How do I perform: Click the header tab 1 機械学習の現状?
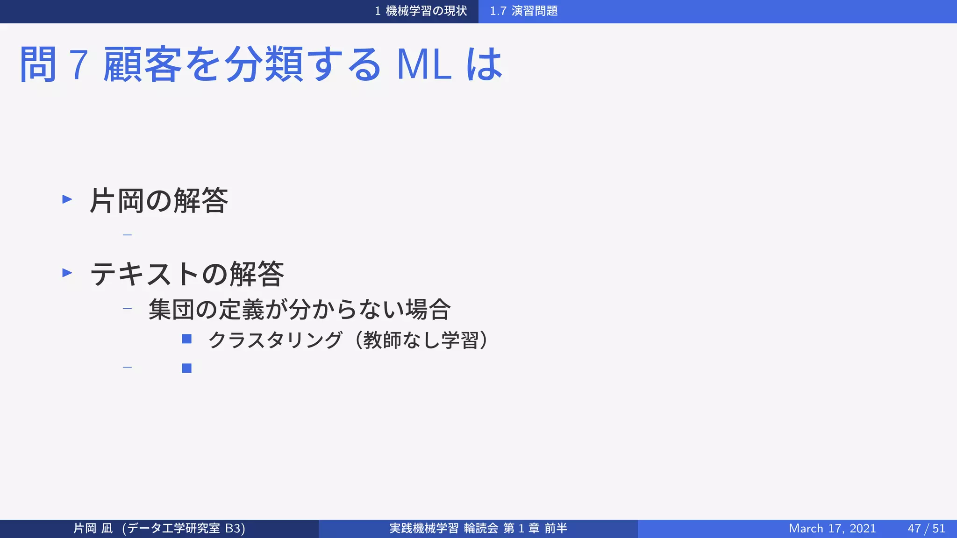[x=421, y=11]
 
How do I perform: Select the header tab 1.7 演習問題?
[x=523, y=11]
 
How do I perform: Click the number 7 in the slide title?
[x=79, y=64]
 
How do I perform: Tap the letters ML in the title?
[x=424, y=64]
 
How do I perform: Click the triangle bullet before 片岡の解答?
[x=67, y=199]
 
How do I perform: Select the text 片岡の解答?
[x=159, y=201]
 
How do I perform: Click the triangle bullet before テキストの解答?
[x=67, y=273]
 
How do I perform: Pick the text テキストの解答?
[x=187, y=274]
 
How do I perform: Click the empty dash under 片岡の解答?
[x=127, y=235]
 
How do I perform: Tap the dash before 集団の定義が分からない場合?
[x=127, y=308]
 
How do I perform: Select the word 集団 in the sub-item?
[x=171, y=309]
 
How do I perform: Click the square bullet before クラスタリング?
[x=187, y=339]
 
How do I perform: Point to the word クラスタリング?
[x=275, y=340]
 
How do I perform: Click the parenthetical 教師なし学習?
[x=421, y=340]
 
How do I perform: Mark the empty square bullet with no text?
[x=187, y=368]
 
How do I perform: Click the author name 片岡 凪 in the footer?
[x=93, y=528]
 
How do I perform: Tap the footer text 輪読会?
[x=481, y=528]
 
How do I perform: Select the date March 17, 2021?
[x=832, y=528]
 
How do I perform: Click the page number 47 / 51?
[x=926, y=528]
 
